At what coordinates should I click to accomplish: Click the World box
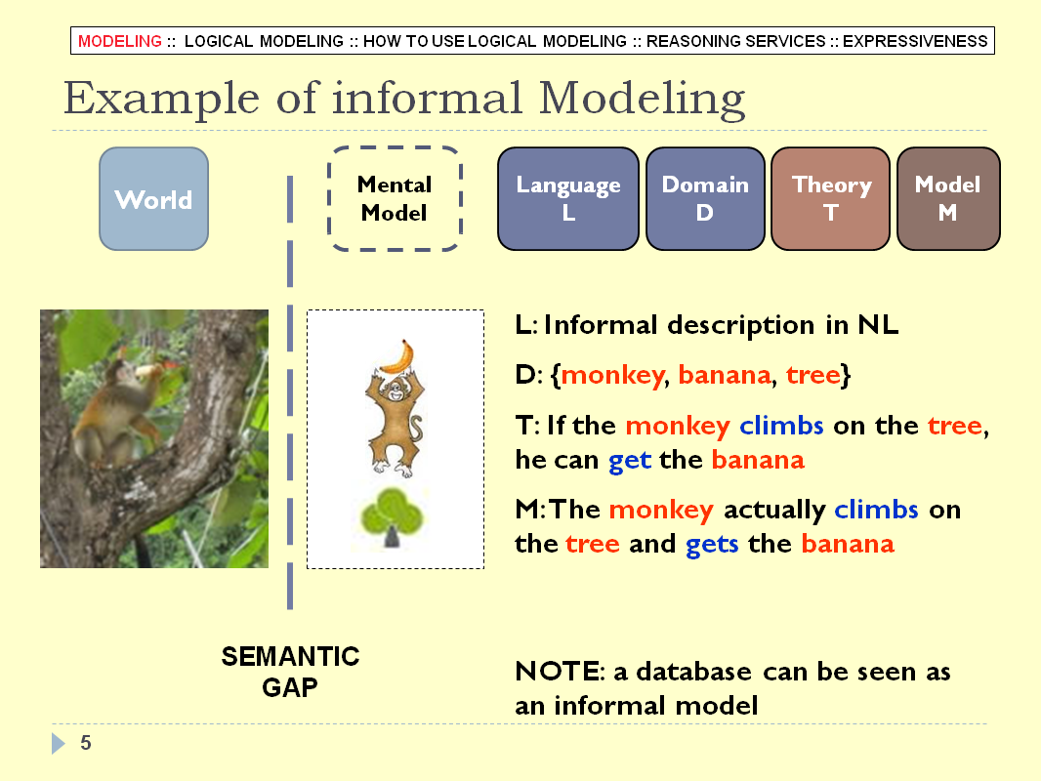coord(153,198)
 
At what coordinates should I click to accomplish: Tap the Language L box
coord(567,198)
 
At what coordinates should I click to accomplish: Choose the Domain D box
coord(705,198)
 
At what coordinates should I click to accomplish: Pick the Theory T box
coord(830,198)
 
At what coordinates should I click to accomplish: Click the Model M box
coord(948,198)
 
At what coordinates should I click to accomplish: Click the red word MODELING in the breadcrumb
coord(119,41)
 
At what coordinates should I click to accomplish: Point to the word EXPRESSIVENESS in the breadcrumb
coord(915,41)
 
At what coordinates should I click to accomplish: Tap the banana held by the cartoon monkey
coord(398,357)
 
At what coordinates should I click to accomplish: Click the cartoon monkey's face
coord(396,390)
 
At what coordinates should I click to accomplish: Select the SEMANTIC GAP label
coord(290,672)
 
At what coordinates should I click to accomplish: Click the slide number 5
coord(86,743)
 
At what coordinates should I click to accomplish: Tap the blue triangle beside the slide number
coord(59,743)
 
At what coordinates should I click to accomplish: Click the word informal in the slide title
coord(427,99)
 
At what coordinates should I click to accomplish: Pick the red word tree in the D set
coord(813,376)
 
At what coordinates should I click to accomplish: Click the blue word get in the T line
coord(630,461)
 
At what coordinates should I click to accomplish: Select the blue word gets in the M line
coord(712,545)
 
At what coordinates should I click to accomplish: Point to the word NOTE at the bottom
coord(558,672)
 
